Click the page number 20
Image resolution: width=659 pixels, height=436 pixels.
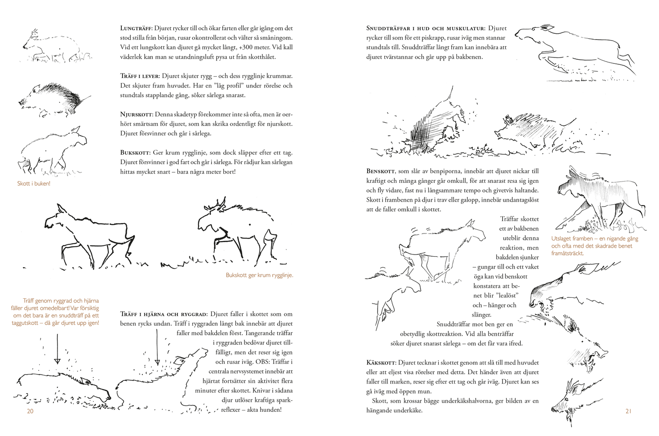click(x=30, y=411)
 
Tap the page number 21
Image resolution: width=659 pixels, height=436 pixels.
click(x=628, y=411)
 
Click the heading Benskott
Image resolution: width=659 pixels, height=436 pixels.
click(x=380, y=171)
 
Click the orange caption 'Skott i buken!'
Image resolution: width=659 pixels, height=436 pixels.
click(x=34, y=183)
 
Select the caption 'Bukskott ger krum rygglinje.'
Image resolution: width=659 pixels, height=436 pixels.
click(x=259, y=275)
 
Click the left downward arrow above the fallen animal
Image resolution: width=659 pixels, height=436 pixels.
click(x=57, y=349)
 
